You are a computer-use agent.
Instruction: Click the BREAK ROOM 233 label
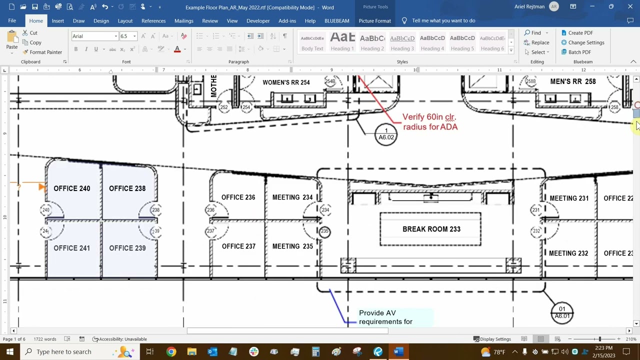click(431, 229)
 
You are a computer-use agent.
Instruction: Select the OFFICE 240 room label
click(71, 188)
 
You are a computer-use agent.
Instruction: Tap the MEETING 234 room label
click(292, 197)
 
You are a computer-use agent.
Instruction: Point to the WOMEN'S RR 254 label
click(286, 82)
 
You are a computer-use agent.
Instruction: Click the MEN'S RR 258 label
click(572, 81)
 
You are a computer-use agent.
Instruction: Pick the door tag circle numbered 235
click(325, 231)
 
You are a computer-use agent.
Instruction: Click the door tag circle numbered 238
click(155, 210)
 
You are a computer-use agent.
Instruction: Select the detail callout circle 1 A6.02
click(386, 134)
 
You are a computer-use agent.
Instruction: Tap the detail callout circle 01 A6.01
click(561, 312)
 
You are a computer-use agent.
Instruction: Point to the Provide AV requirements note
click(385, 317)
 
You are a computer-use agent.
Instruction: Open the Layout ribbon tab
click(125, 21)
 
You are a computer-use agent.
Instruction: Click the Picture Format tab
click(374, 21)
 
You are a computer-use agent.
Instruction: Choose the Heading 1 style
click(342, 42)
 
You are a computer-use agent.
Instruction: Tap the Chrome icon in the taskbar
click(171, 352)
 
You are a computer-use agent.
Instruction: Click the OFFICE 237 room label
click(238, 246)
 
